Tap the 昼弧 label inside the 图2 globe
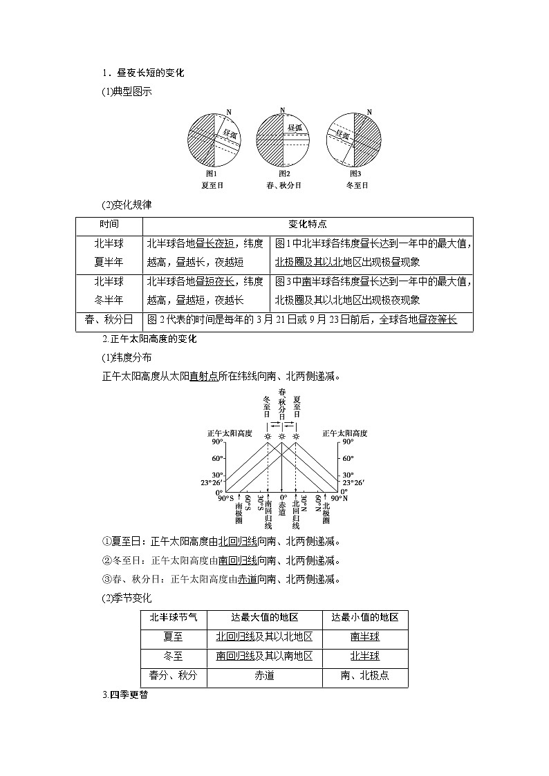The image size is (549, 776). click(x=295, y=128)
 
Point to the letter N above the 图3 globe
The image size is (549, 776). click(x=369, y=112)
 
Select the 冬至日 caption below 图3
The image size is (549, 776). click(x=357, y=185)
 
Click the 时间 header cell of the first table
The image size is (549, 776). click(x=109, y=225)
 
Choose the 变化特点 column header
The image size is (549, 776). click(x=308, y=225)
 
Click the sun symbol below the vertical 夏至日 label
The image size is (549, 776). click(x=296, y=436)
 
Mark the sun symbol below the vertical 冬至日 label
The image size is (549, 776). click(x=267, y=436)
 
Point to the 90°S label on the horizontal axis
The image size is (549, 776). click(x=225, y=498)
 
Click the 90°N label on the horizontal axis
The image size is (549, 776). click(x=339, y=498)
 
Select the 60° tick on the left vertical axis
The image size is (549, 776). click(x=216, y=458)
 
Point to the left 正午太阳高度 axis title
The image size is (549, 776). click(x=230, y=433)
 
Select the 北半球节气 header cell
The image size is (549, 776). click(x=173, y=618)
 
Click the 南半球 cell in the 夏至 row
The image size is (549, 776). click(x=365, y=636)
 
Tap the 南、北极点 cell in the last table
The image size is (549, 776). click(x=365, y=675)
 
